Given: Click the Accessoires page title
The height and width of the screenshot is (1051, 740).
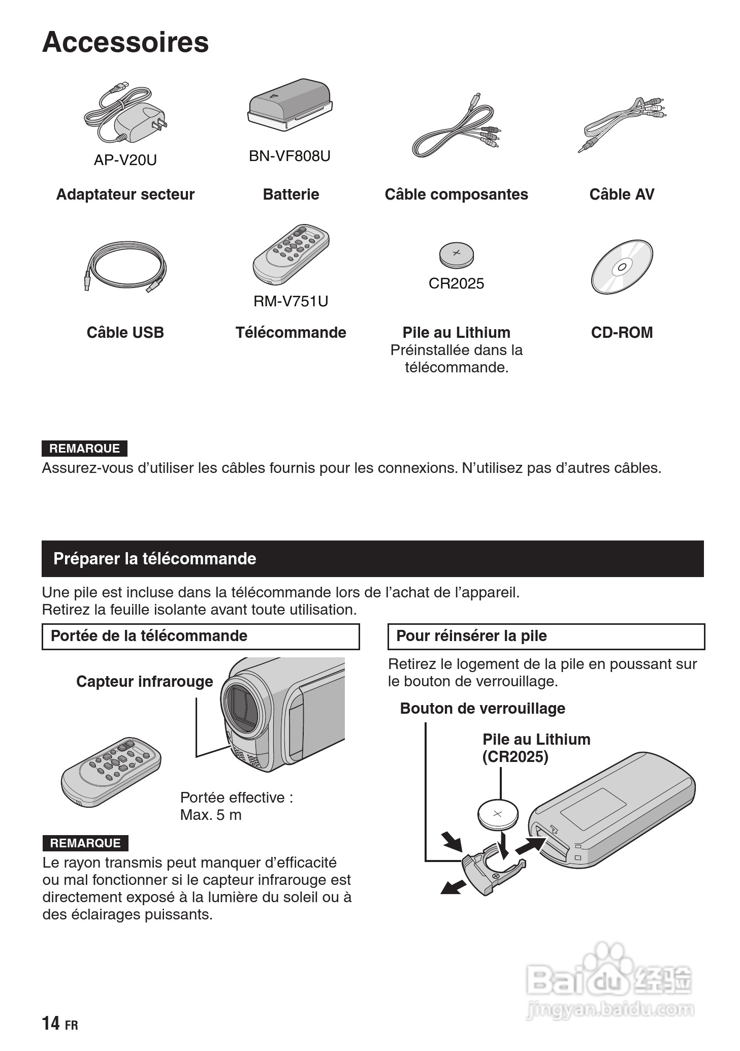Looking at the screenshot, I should [125, 42].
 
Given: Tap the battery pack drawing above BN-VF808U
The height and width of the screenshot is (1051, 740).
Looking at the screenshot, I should [290, 104].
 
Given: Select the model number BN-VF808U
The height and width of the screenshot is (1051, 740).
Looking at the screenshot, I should [289, 156].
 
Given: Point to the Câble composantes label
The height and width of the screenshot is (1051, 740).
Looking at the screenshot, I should [456, 194].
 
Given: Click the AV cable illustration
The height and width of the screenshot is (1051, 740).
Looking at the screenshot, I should [623, 124].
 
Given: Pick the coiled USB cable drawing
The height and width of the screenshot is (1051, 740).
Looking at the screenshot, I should [125, 267].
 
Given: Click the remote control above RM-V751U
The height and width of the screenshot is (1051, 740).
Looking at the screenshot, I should [291, 254].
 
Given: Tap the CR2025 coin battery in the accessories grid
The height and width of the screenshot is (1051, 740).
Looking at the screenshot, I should [456, 254].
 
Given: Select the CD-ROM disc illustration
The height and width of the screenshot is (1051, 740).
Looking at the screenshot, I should [622, 266].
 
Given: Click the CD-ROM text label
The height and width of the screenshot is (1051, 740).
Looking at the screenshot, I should [622, 332].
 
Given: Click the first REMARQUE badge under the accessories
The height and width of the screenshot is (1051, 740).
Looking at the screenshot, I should [84, 449].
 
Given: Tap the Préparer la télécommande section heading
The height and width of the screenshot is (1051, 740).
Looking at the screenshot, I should [154, 559].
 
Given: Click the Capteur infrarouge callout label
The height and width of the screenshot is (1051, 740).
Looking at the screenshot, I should [144, 681].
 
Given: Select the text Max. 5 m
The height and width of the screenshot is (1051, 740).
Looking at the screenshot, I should [211, 815].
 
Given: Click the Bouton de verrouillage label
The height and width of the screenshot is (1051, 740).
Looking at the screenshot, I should [482, 708].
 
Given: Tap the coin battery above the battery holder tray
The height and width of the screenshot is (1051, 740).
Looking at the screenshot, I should [498, 814].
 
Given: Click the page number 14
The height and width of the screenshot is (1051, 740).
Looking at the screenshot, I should [51, 1023].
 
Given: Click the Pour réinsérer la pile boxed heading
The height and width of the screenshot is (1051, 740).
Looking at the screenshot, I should [471, 636].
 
